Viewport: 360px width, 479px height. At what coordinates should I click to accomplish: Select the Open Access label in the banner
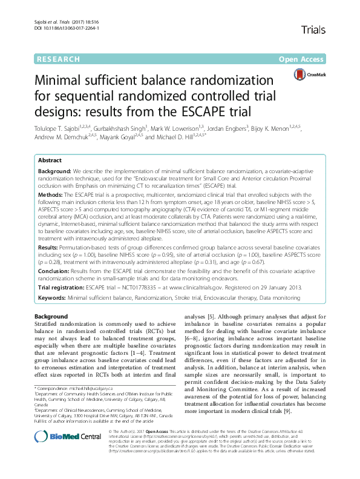[x=302, y=59]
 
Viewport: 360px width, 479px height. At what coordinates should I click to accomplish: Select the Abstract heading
[x=50, y=161]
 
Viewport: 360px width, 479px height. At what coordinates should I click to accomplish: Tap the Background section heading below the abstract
[x=51, y=317]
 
